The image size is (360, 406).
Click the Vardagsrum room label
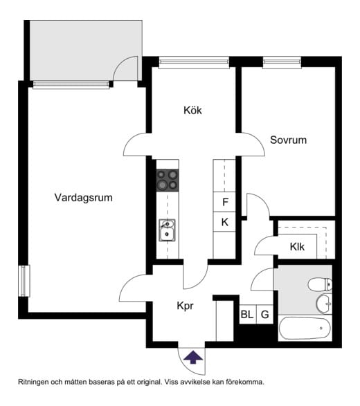[x=84, y=198]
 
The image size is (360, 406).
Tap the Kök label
[x=192, y=110]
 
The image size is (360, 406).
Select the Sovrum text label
[x=288, y=140]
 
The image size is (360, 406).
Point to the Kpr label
[x=185, y=306]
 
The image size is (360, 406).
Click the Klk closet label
[x=297, y=247]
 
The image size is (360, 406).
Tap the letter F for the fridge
[x=225, y=202]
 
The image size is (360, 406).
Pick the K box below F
[x=225, y=222]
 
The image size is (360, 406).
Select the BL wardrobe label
[x=246, y=315]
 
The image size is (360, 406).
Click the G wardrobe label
[x=264, y=315]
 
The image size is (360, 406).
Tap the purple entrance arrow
[x=193, y=357]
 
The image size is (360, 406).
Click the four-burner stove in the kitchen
[x=168, y=181]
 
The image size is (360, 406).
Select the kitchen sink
[x=167, y=230]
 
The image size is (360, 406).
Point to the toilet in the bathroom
[x=320, y=284]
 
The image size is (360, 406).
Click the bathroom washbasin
[x=324, y=304]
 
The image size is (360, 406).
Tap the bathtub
[x=305, y=328]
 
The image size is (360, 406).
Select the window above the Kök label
[x=194, y=62]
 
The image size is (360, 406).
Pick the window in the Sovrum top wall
[x=282, y=62]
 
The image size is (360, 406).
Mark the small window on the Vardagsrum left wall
[x=24, y=281]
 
